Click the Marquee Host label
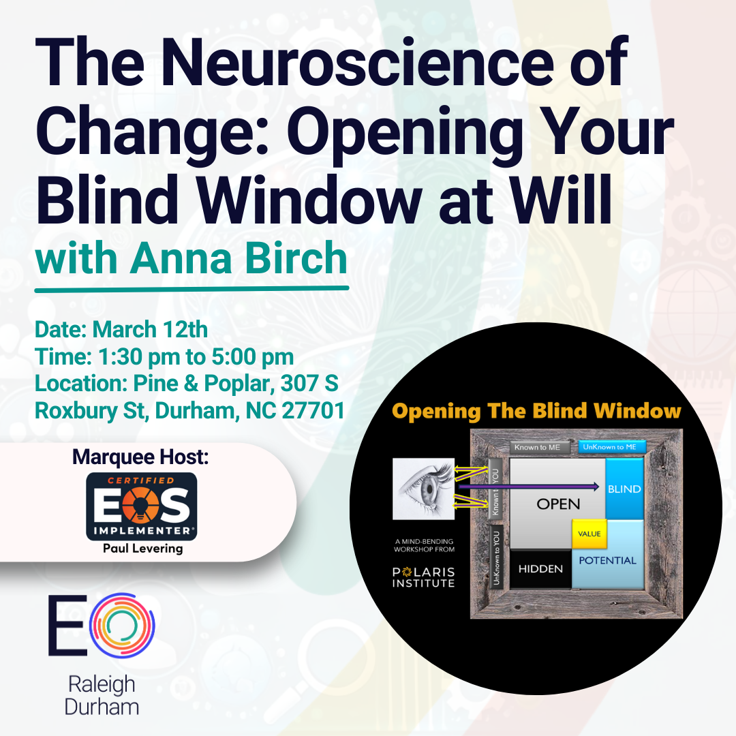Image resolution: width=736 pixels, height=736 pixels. point(141,457)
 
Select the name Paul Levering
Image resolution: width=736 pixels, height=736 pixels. point(142,549)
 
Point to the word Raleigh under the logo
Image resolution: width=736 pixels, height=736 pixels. point(102,684)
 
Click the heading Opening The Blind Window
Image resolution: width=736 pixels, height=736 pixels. point(536,412)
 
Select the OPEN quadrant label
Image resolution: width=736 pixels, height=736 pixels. point(558,504)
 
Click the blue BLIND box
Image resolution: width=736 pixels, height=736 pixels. point(624,489)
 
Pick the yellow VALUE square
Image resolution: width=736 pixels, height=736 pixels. point(589,534)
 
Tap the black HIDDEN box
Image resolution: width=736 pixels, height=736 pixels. point(540,568)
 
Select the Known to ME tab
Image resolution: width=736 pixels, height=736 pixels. point(538,448)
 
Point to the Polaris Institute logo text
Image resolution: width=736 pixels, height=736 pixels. point(418,576)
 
